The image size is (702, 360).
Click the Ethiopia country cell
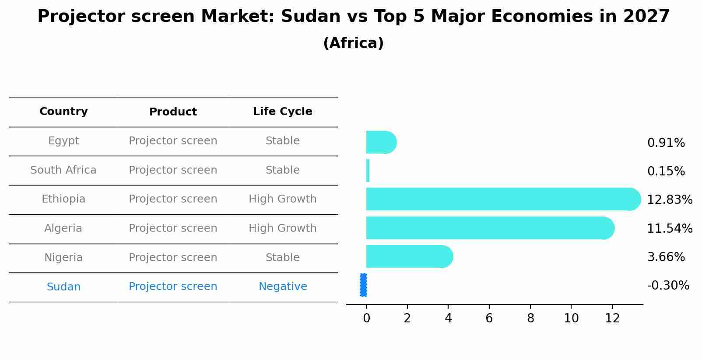pos(63,199)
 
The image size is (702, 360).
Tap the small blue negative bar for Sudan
pos(363,285)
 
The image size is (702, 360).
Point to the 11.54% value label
pos(669,228)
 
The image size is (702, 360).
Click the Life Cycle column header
pos(282,112)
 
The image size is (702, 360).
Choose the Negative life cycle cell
pos(282,287)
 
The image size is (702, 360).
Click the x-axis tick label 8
pos(530,318)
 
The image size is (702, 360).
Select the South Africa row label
pos(63,170)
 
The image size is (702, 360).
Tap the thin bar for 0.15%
pos(368,171)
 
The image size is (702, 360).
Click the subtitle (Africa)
pos(353,43)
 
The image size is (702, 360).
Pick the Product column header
pos(173,112)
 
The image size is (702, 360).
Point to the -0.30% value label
pos(668,286)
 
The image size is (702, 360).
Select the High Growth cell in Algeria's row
pos(282,228)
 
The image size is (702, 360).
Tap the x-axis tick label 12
pos(612,318)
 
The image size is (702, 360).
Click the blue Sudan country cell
pos(63,287)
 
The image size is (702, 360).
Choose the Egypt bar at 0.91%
pos(380,142)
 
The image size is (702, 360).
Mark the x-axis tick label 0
pos(366,318)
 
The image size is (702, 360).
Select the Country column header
pos(63,112)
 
